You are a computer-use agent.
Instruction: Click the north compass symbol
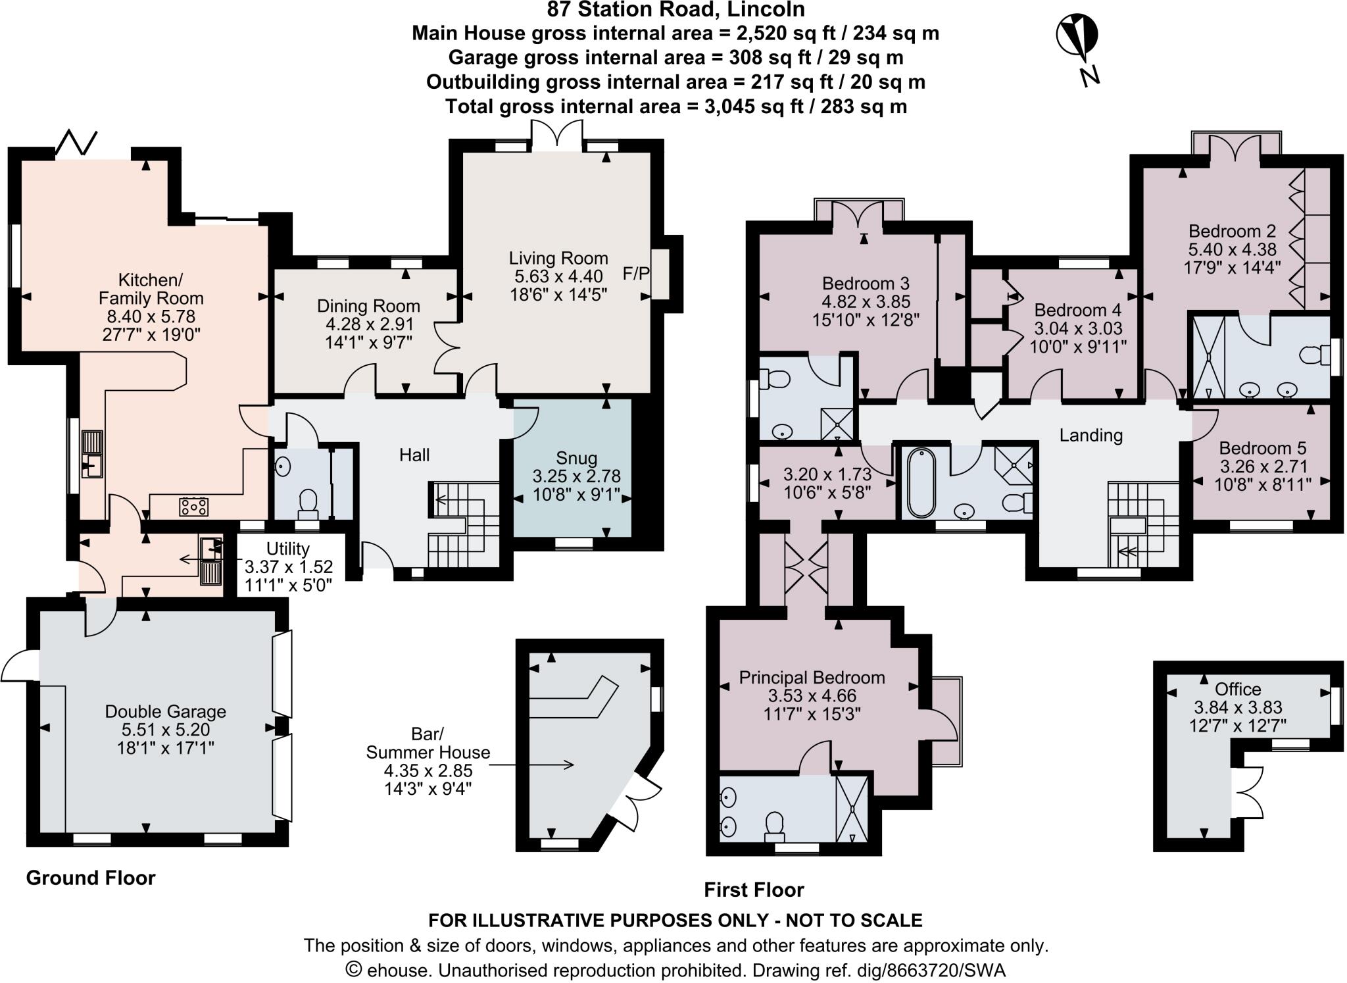pos(1077,39)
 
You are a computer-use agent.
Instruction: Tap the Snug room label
pos(576,458)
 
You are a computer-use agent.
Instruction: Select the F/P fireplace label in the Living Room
pos(635,274)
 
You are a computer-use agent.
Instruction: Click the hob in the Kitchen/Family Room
pos(194,506)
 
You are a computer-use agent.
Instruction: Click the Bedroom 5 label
pos(1262,448)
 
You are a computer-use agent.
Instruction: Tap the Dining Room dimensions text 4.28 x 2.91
pos(369,324)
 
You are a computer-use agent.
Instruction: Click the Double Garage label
pos(165,711)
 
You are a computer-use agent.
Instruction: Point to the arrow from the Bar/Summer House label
pos(533,764)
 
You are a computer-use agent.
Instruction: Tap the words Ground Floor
pos(91,878)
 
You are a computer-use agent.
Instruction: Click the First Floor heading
pos(754,890)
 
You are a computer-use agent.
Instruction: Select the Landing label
pos(1090,436)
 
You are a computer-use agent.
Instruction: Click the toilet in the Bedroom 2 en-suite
pos(1313,356)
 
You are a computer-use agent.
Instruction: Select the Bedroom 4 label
pos(1077,310)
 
